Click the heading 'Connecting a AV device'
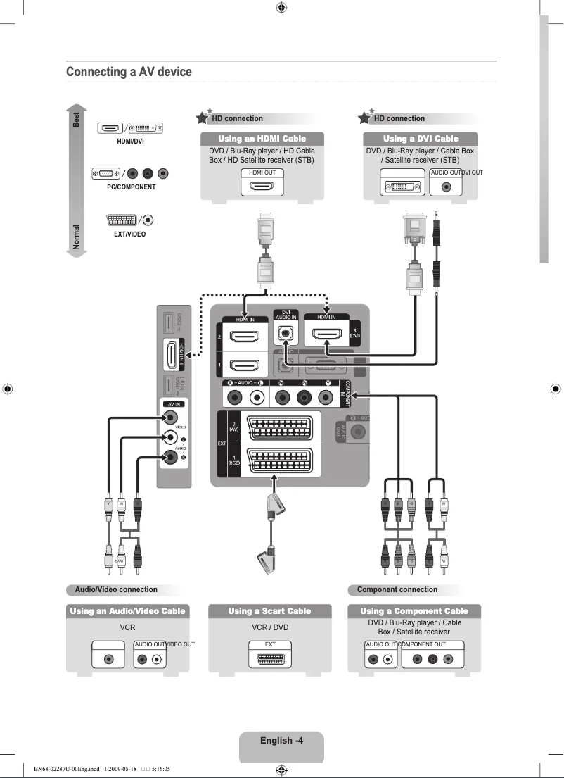(129, 72)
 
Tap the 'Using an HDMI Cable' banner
(262, 139)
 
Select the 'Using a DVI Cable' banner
(421, 139)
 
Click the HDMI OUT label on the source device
(262, 172)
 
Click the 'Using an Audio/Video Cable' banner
(127, 611)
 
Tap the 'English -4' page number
(281, 740)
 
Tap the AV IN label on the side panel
(174, 404)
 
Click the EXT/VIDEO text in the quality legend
(129, 234)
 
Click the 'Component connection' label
(397, 590)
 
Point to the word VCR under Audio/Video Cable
(127, 627)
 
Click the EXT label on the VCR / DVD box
(269, 644)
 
